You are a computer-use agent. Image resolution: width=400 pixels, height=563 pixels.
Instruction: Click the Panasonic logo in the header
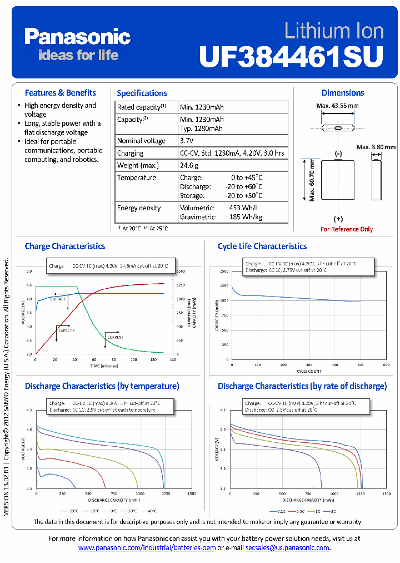tap(77, 37)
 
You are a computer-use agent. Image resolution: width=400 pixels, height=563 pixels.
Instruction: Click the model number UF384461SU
tap(291, 56)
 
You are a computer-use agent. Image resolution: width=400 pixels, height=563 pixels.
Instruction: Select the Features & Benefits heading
tap(60, 93)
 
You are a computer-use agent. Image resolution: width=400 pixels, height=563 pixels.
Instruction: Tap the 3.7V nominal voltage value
tap(187, 141)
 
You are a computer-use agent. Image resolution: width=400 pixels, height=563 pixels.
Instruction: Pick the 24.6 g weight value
tap(189, 165)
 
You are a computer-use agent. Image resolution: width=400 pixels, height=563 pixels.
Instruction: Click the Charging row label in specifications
tap(130, 153)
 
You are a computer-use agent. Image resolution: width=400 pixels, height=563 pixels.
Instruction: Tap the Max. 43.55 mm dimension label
tap(337, 106)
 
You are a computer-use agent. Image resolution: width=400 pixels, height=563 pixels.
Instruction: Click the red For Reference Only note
tap(347, 229)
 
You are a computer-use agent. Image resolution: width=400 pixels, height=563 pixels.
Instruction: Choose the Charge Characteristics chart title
tap(64, 246)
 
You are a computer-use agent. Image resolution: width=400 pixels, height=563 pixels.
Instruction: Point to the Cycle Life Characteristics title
tap(262, 246)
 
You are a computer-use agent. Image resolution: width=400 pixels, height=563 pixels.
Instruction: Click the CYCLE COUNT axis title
tap(308, 371)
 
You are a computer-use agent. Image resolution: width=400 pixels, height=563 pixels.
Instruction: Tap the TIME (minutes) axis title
tap(104, 366)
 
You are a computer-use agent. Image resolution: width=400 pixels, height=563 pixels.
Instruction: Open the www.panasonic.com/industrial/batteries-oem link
tap(147, 548)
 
